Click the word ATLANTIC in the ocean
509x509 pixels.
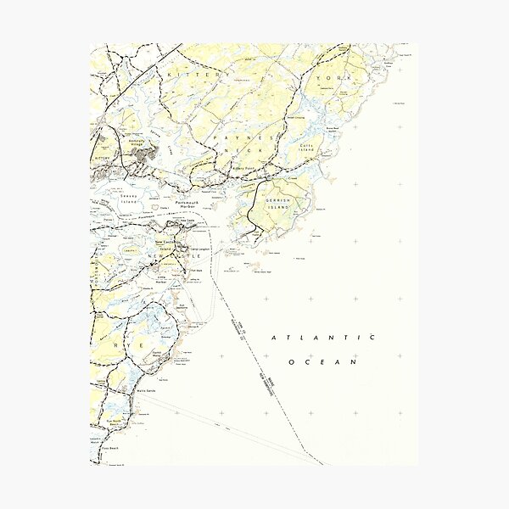point(323,338)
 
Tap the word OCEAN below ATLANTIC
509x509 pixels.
point(323,362)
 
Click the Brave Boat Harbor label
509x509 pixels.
point(333,126)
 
